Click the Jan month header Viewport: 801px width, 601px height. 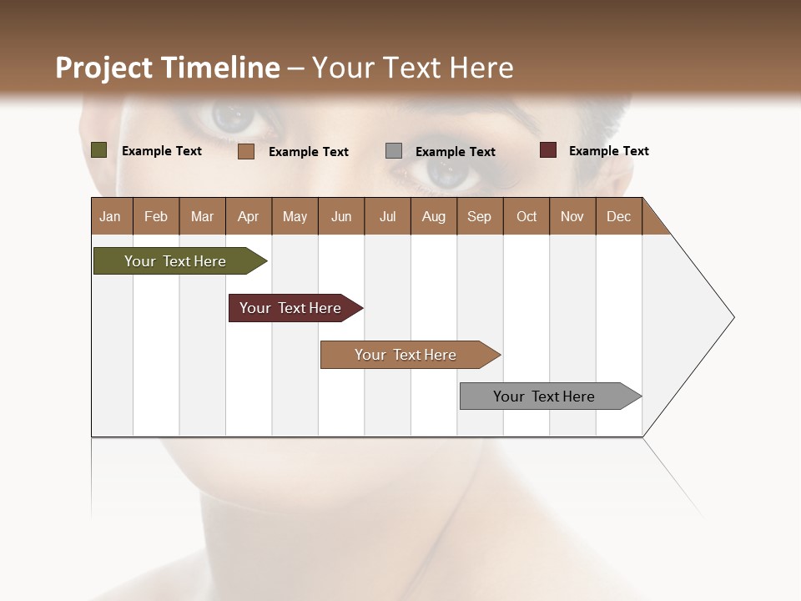coord(111,216)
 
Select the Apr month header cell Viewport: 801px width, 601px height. coord(249,216)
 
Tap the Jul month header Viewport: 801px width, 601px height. coord(387,216)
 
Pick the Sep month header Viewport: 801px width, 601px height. coord(480,216)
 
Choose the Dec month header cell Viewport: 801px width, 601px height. coord(618,216)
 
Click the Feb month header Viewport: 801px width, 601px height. coord(156,216)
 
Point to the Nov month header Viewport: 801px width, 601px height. coord(572,216)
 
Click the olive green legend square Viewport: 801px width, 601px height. coord(98,150)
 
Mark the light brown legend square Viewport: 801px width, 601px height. coord(245,151)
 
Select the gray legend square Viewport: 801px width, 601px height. coord(393,151)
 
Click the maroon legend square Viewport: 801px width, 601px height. coord(547,150)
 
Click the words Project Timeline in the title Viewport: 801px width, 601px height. coord(167,68)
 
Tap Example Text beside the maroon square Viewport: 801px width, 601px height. coord(608,151)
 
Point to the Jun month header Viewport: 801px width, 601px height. coord(341,216)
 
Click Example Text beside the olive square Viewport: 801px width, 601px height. coord(161,151)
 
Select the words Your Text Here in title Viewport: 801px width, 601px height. coord(412,68)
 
